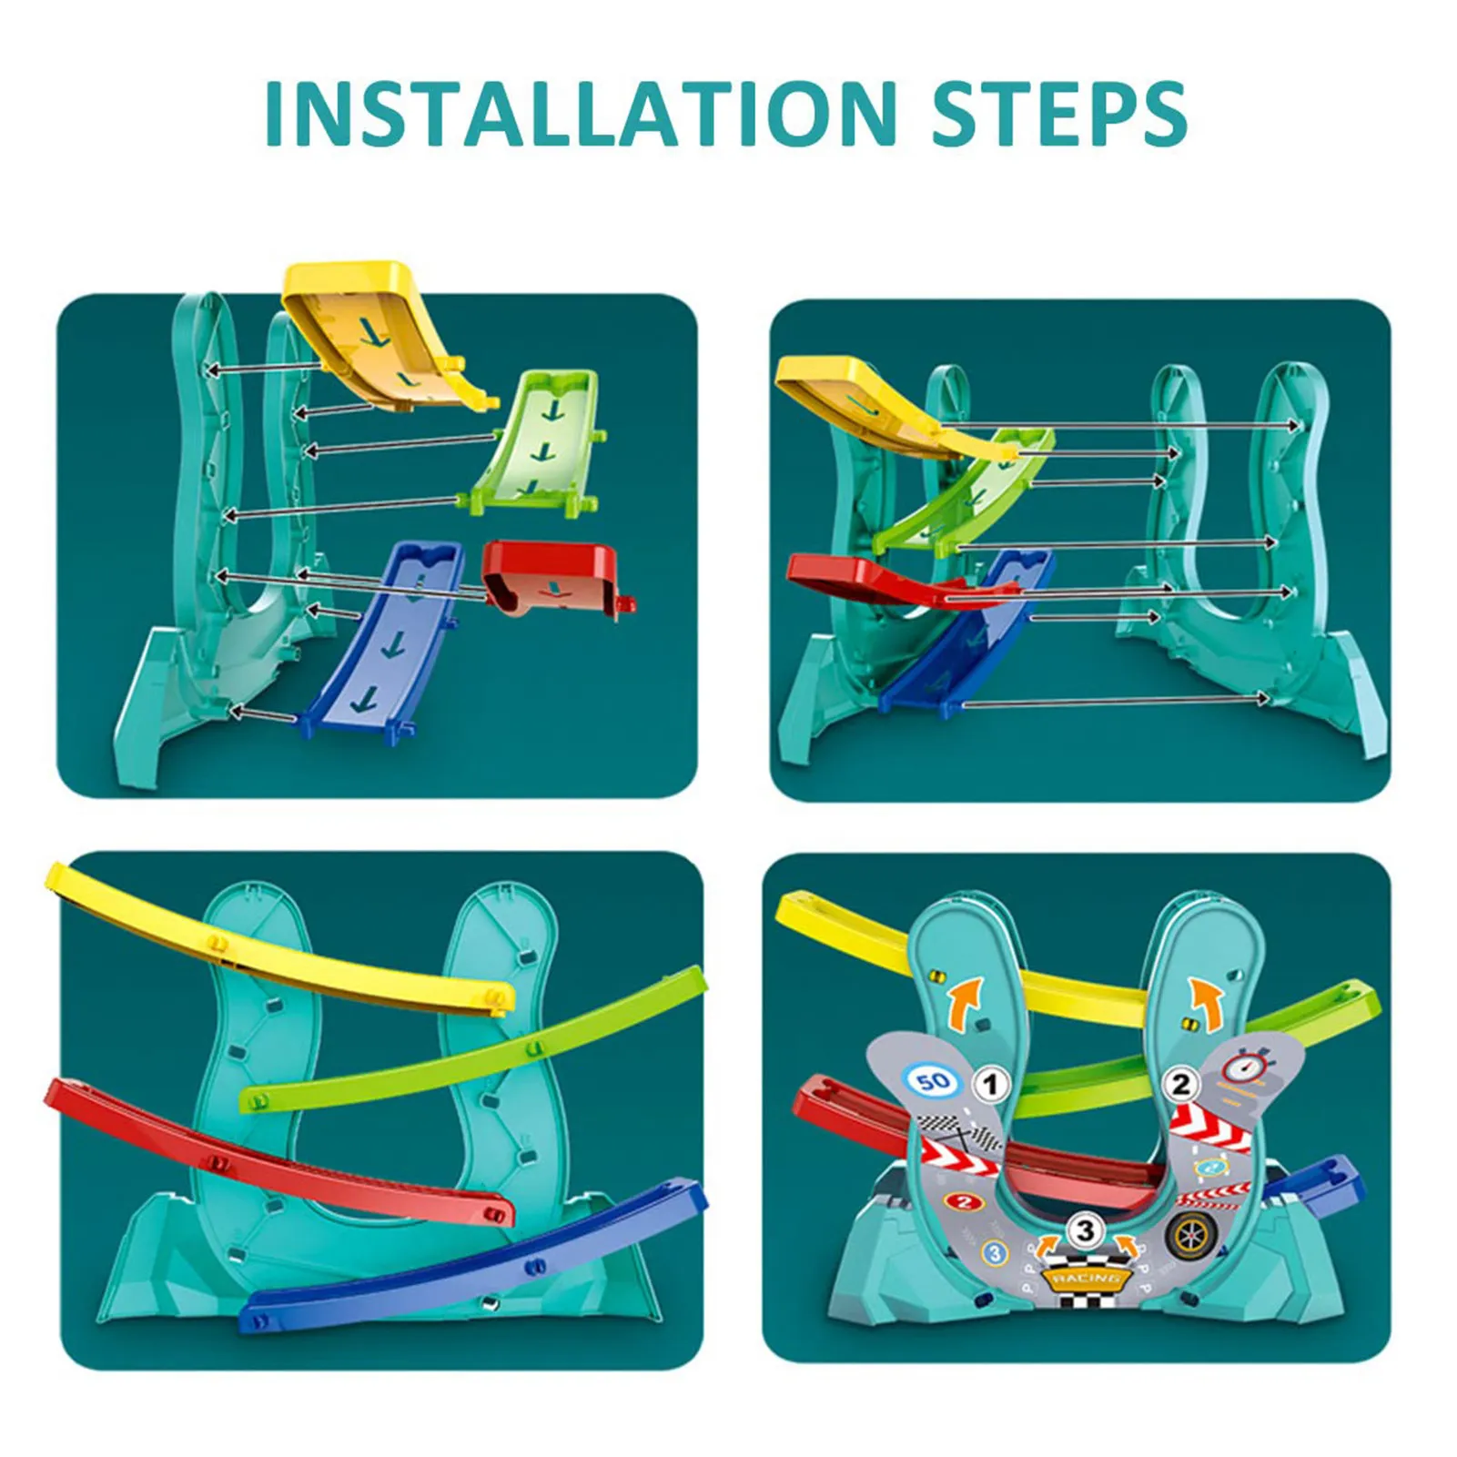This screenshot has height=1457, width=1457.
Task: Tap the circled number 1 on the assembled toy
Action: (x=992, y=1085)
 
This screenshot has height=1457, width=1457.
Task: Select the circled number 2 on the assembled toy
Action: (x=1180, y=1084)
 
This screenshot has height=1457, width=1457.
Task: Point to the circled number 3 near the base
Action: (x=1085, y=1231)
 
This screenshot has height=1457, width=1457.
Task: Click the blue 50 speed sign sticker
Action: (x=933, y=1081)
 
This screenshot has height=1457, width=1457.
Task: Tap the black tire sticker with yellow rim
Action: (x=1189, y=1235)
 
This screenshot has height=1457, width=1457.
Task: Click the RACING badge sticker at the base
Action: (x=1086, y=1278)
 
